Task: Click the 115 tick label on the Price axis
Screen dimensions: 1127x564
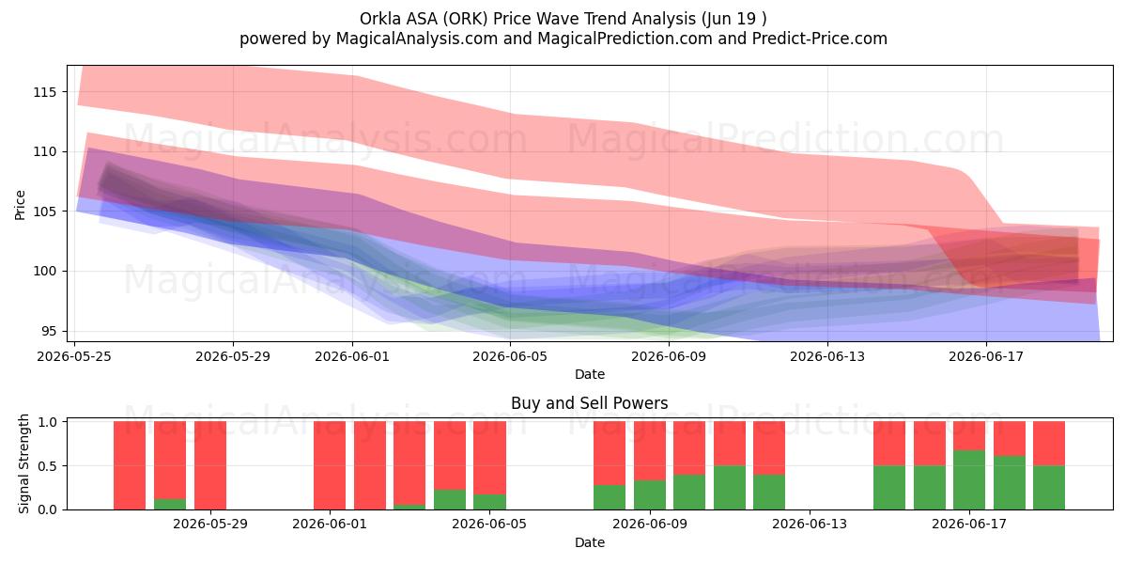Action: (x=45, y=92)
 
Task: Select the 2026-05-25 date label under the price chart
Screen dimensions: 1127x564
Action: (x=74, y=356)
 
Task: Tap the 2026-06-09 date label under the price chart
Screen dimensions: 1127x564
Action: (x=669, y=356)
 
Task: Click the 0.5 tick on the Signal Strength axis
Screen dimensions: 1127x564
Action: (x=47, y=466)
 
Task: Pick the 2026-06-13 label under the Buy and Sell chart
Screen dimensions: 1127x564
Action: (x=810, y=525)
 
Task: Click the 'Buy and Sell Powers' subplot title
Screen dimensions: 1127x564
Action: (x=589, y=403)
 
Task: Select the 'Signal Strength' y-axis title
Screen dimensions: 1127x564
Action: (x=23, y=463)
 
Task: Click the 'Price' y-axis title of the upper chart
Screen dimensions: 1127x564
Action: (x=20, y=205)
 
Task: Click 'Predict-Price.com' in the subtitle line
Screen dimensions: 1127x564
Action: (x=820, y=39)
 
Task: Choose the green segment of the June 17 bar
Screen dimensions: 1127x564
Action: (x=969, y=480)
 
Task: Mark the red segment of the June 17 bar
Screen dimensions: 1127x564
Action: (x=969, y=435)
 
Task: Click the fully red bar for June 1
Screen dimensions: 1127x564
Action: (x=330, y=465)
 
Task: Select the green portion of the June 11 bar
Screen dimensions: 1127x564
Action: (x=730, y=488)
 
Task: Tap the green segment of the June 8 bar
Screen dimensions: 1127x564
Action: (x=610, y=497)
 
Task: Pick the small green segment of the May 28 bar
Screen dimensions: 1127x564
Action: (x=170, y=504)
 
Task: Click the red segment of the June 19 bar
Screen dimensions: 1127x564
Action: (x=1049, y=443)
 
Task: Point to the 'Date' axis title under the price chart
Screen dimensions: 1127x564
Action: (x=590, y=375)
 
